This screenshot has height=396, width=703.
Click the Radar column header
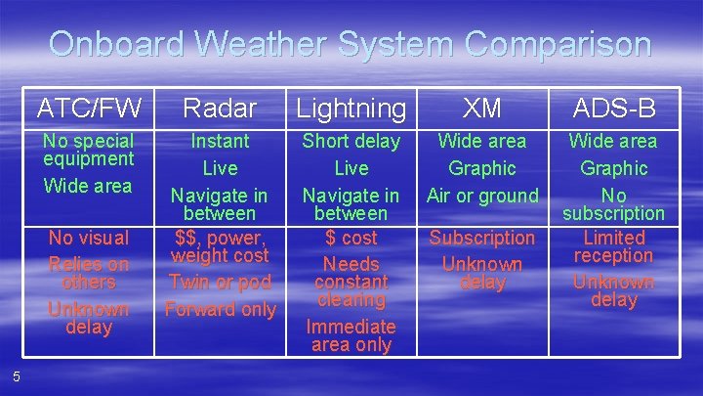pos(220,107)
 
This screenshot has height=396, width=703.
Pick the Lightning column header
pos(351,108)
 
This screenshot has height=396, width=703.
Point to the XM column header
pos(481,107)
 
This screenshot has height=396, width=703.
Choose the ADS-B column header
pos(613,107)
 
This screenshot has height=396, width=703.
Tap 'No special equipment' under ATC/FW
pos(88,150)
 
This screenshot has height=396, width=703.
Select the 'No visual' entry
pos(88,238)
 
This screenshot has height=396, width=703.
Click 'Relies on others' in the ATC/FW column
pos(88,273)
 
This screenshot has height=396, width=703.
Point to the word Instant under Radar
pos(220,142)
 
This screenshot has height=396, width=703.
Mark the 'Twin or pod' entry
pos(220,283)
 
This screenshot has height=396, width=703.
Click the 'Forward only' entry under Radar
pos(220,309)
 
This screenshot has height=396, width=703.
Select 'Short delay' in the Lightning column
pos(351,142)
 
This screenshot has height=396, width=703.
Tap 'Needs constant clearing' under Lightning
pos(351,282)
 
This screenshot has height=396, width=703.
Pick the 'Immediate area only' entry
pos(351,335)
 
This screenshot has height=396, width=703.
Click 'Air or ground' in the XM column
pos(481,196)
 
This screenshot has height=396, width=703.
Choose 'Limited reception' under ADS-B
pos(613,246)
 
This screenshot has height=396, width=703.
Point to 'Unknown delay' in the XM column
pos(481,273)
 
